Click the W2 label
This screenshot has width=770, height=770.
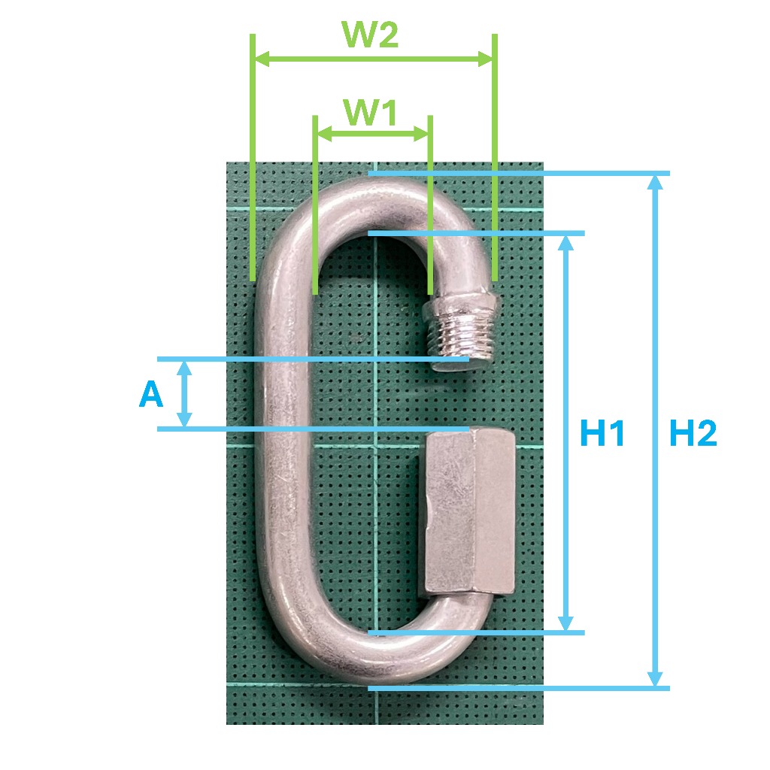point(370,35)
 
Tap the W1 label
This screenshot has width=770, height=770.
point(370,113)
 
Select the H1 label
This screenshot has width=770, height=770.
point(602,433)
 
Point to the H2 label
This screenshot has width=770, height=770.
point(693,433)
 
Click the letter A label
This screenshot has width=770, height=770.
point(150,394)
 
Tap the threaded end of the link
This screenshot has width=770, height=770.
point(462,332)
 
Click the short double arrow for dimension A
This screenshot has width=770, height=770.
point(184,394)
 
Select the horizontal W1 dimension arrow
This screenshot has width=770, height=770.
point(373,133)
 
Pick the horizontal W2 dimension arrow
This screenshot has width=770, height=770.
point(374,59)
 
